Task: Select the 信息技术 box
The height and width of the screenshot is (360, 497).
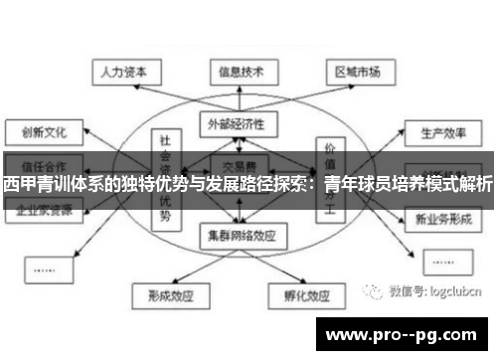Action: (x=240, y=71)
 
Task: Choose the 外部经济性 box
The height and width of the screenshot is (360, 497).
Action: (x=238, y=123)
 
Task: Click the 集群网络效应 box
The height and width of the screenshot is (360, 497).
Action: (x=239, y=236)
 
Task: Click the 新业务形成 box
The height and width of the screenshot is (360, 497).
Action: (x=442, y=216)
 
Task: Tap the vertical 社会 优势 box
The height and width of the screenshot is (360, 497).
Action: (x=165, y=179)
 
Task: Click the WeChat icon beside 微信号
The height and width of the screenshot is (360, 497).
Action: (x=375, y=291)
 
